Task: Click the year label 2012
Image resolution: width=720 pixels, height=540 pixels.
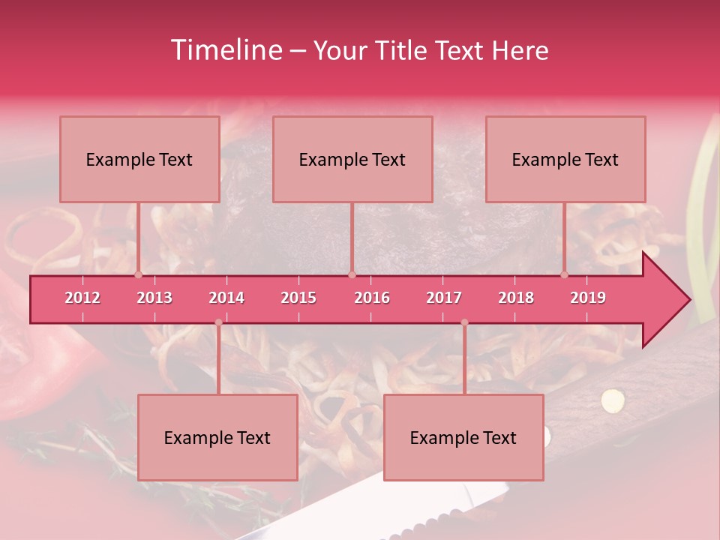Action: pyautogui.click(x=82, y=298)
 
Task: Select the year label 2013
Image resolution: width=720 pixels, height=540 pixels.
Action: pyautogui.click(x=154, y=298)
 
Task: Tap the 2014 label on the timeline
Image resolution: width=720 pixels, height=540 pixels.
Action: pyautogui.click(x=226, y=298)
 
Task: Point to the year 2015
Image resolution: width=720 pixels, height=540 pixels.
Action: pyautogui.click(x=298, y=298)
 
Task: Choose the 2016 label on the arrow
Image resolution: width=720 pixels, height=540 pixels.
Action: pyautogui.click(x=372, y=298)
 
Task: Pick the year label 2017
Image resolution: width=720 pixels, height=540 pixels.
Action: pyautogui.click(x=444, y=298)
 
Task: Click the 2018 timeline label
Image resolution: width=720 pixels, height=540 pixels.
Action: pyautogui.click(x=516, y=298)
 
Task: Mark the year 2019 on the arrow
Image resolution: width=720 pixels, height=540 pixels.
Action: pyautogui.click(x=588, y=298)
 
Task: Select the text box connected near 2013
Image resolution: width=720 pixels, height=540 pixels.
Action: pyautogui.click(x=139, y=159)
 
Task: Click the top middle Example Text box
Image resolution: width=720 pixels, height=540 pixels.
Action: pyautogui.click(x=352, y=159)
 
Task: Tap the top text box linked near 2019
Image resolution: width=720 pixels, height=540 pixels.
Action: pyautogui.click(x=565, y=159)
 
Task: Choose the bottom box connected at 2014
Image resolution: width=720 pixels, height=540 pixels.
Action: pyautogui.click(x=217, y=437)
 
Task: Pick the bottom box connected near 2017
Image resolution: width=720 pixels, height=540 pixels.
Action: pyautogui.click(x=463, y=437)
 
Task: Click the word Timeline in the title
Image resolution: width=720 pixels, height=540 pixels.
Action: pyautogui.click(x=226, y=50)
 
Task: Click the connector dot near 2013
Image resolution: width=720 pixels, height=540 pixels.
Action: pyautogui.click(x=138, y=274)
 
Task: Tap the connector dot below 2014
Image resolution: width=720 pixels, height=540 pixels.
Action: pyautogui.click(x=218, y=322)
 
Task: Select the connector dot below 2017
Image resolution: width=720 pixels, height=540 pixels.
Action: pyautogui.click(x=464, y=322)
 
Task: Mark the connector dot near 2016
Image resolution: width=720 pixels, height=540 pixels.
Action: pyautogui.click(x=352, y=274)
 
